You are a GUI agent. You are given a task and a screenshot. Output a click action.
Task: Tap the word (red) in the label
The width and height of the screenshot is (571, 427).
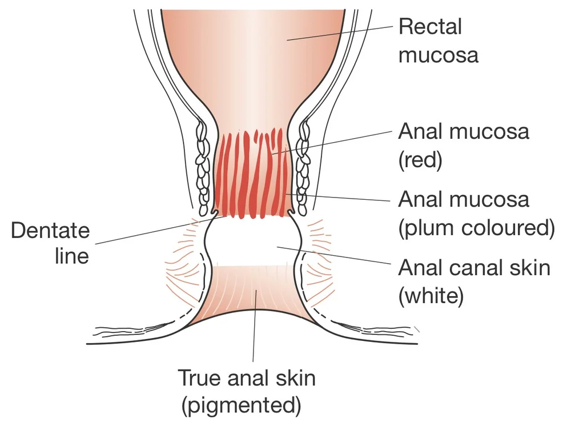pyautogui.click(x=420, y=160)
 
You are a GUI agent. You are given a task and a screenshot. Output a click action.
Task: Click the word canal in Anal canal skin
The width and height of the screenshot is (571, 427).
pyautogui.click(x=478, y=267)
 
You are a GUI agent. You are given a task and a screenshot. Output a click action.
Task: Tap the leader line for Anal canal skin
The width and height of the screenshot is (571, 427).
pyautogui.click(x=337, y=255)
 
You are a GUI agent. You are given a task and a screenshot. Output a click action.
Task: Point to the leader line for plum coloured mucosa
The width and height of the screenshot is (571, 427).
pyautogui.click(x=343, y=198)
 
